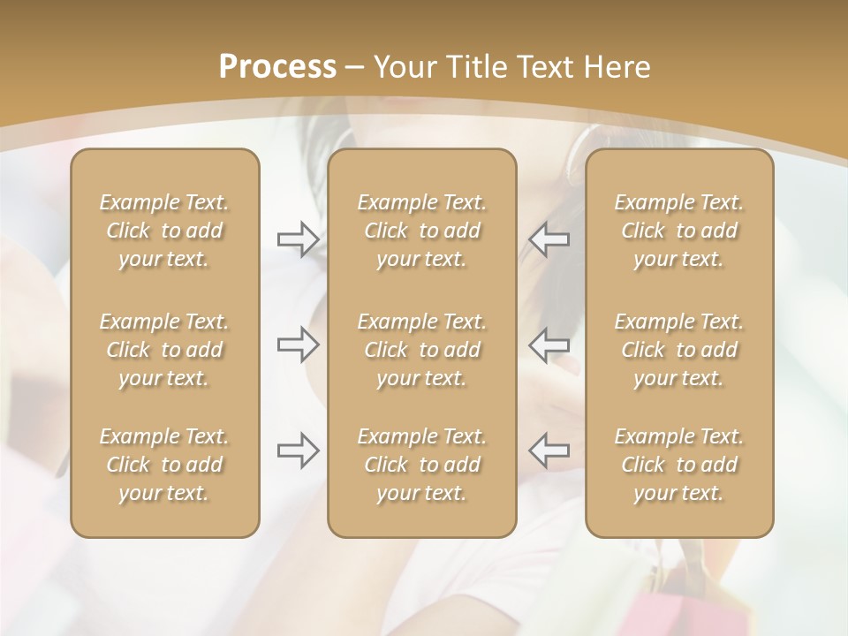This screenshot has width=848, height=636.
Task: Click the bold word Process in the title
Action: point(277,67)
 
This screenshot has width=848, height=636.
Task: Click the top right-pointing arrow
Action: point(298,239)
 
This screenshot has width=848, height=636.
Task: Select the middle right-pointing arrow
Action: point(298,344)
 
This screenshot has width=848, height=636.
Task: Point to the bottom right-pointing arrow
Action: point(298,450)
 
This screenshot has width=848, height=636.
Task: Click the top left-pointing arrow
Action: point(549,238)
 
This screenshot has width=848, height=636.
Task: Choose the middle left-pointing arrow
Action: point(549,344)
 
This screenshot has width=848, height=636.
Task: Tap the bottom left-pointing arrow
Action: point(549,450)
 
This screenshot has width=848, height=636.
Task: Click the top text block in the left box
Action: point(164,231)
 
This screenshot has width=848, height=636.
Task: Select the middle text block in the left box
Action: point(164,350)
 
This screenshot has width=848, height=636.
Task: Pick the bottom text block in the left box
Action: point(164,465)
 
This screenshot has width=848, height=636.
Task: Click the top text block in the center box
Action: point(421,231)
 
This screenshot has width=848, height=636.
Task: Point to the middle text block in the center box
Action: point(421,350)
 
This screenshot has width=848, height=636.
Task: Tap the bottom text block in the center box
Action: point(421,465)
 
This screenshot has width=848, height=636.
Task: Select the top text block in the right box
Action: point(678,231)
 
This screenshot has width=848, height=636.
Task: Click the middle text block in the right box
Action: point(678,350)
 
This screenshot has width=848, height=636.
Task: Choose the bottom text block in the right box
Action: point(678,465)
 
